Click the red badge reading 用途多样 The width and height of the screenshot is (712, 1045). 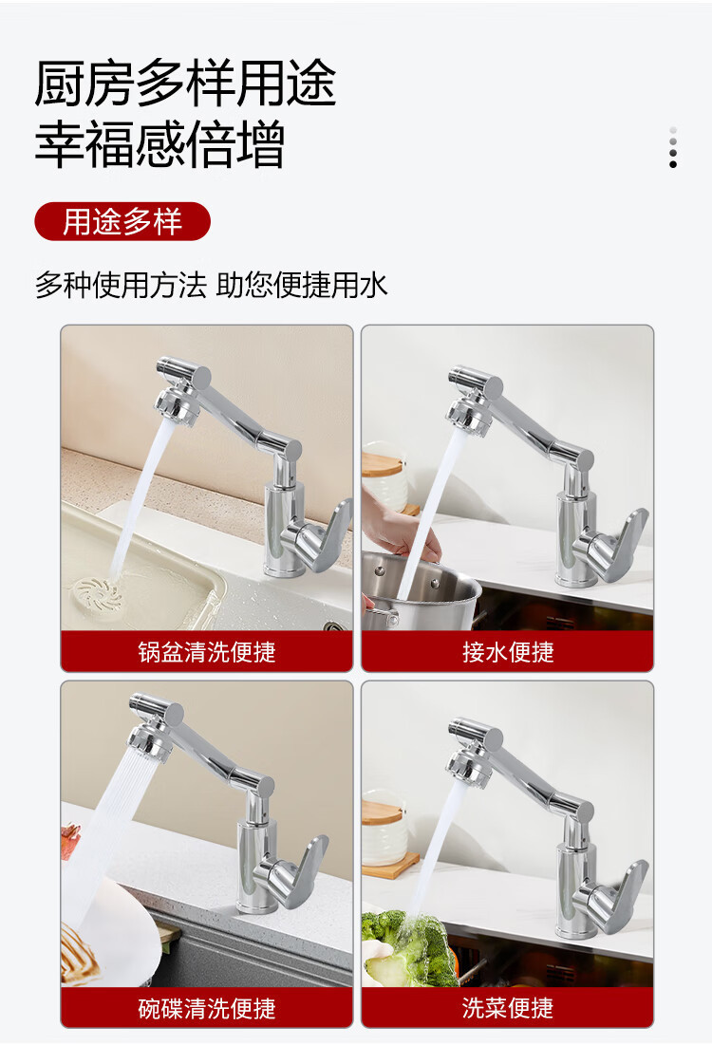click(x=122, y=221)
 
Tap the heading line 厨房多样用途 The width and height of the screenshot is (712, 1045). click(x=185, y=84)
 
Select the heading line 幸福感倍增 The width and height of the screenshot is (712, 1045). click(x=160, y=143)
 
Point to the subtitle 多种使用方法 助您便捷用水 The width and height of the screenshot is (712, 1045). click(x=211, y=286)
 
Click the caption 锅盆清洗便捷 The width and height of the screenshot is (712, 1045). click(x=207, y=652)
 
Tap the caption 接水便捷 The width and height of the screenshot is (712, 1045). click(x=508, y=652)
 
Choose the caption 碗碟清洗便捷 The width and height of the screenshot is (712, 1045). click(x=207, y=1008)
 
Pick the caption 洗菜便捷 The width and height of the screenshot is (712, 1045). click(x=508, y=1008)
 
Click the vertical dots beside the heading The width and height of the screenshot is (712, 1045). click(x=673, y=147)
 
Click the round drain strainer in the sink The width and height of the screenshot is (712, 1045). click(x=97, y=593)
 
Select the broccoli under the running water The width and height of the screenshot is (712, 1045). click(x=406, y=946)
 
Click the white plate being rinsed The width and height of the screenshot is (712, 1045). click(x=110, y=933)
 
